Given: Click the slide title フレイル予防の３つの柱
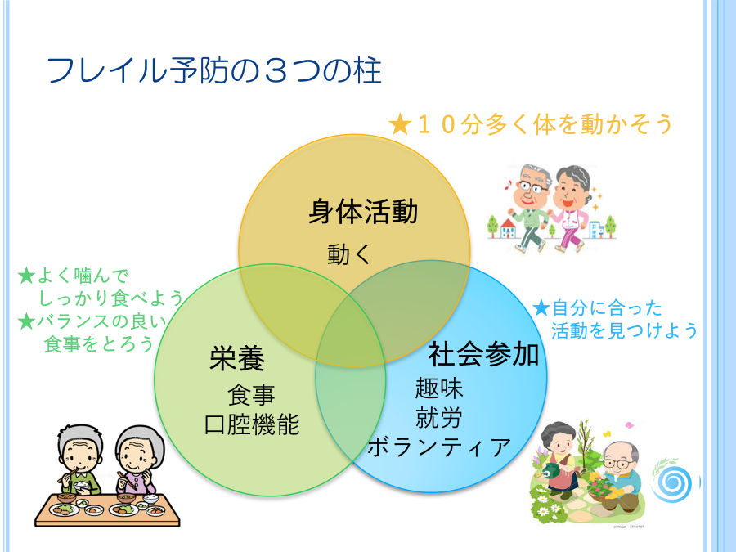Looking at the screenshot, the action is click(x=213, y=71).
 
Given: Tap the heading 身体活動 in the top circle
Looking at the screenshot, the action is click(x=363, y=211).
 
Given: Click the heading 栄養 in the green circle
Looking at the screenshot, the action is click(x=237, y=358).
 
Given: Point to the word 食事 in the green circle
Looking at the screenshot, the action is click(x=251, y=395).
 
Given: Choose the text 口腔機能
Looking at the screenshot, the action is click(x=252, y=424).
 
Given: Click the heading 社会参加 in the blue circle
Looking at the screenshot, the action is click(x=483, y=354).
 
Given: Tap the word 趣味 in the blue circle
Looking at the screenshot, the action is click(x=439, y=388).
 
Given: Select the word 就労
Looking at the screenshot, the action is click(x=439, y=417).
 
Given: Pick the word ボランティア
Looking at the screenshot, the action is click(x=439, y=447).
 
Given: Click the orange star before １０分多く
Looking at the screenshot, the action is click(x=401, y=124).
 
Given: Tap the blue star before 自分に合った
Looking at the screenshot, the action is click(x=541, y=308).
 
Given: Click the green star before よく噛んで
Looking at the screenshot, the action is click(x=27, y=276).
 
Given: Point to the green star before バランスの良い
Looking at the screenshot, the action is click(x=27, y=321).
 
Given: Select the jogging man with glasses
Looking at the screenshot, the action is click(x=528, y=208).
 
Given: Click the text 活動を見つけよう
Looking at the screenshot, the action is click(x=625, y=330).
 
